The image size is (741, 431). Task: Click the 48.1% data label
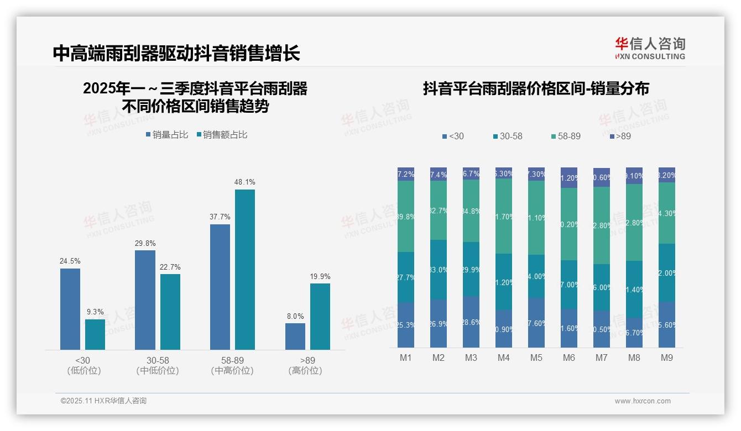[x=245, y=182]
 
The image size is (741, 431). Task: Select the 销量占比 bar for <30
[x=70, y=309]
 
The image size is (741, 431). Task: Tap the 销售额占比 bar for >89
[x=320, y=316]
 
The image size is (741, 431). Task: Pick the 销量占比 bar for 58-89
[x=220, y=287]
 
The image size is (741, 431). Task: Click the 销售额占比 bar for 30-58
[x=170, y=312]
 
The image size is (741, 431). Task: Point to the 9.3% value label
[x=95, y=312]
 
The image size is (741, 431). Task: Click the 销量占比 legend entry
[x=167, y=134]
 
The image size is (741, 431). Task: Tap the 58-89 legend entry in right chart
[x=566, y=136]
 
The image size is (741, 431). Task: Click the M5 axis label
[x=536, y=358]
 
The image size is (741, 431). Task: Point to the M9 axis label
[x=667, y=358]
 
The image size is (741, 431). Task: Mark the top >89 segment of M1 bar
[x=406, y=174]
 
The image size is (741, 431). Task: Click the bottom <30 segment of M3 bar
[x=471, y=322]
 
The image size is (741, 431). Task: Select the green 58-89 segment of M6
[x=569, y=224]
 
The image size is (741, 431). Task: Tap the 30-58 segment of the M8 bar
[x=634, y=289]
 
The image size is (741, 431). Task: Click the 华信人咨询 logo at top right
[x=650, y=48]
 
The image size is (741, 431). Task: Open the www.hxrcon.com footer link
[x=643, y=401]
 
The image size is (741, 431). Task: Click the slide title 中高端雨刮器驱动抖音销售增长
[x=176, y=54]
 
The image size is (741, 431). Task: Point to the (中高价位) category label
[x=232, y=371]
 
